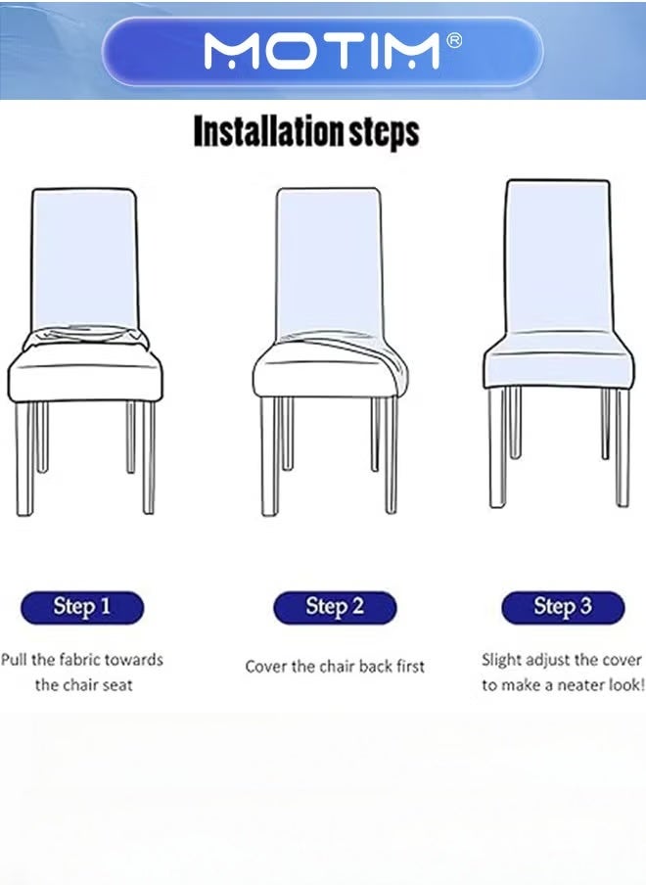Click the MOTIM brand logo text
pos(321,51)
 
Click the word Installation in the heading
pos(265,131)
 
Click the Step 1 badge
pos(82,607)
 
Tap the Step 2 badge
pos(335,607)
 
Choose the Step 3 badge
pos(563,607)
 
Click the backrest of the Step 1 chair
pos(84,255)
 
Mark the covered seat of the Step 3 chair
pos(558,362)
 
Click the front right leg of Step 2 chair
pos(391,456)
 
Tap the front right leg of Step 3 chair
pos(622,446)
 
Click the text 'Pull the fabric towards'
pos(82,660)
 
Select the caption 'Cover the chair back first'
pos(335,667)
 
